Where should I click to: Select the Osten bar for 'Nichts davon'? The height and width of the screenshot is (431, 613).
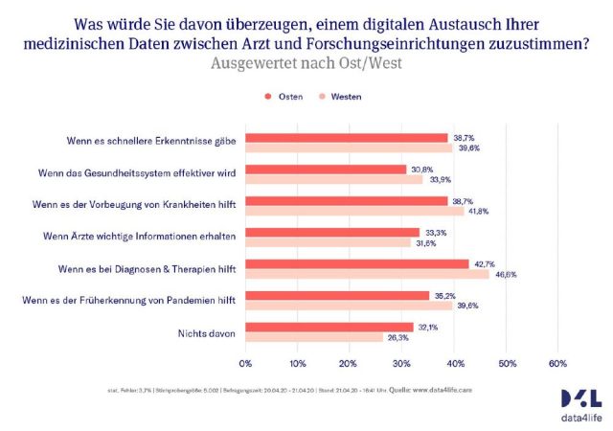coord(329,327)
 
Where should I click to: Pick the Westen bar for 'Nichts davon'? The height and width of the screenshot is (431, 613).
coord(314,337)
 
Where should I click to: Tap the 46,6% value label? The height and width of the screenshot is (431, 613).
coord(506,274)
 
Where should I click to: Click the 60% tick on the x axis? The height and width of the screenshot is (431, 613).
coord(556,364)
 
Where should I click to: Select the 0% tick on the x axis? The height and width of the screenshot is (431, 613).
coord(245,364)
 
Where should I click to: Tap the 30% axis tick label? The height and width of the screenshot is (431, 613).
coord(401,364)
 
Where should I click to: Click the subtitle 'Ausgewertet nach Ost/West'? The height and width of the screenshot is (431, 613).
coord(306,63)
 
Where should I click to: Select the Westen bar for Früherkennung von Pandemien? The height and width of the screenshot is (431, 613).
coord(349,306)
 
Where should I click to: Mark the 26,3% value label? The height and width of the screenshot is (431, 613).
coord(398,337)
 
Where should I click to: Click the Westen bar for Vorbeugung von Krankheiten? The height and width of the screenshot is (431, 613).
coord(354,211)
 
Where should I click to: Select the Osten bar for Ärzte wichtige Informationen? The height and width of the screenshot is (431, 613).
coord(332,232)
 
